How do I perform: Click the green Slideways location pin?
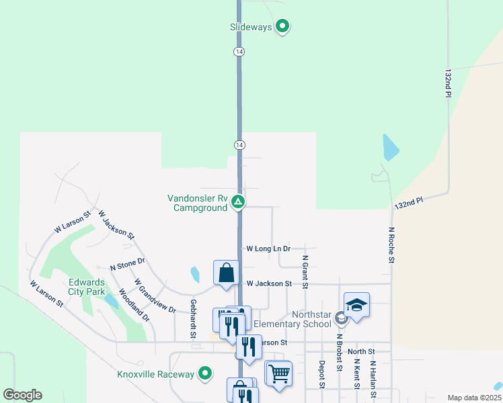(x=283, y=27)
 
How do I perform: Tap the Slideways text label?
(x=251, y=28)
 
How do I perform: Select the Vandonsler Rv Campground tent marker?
(x=237, y=201)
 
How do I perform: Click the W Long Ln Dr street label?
(x=268, y=249)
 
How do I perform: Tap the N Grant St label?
(x=305, y=271)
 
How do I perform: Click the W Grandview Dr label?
(x=155, y=296)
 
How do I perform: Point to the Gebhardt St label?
(x=193, y=318)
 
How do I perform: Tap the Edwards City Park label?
(x=86, y=287)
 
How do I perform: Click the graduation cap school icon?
(x=356, y=305)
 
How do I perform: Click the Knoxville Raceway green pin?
(x=206, y=373)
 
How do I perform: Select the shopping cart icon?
(x=279, y=373)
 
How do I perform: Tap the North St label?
(x=361, y=351)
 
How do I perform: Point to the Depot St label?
(x=322, y=375)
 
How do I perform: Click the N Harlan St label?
(x=373, y=378)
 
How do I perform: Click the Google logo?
(x=22, y=395)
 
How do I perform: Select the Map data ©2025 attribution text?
(x=473, y=398)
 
